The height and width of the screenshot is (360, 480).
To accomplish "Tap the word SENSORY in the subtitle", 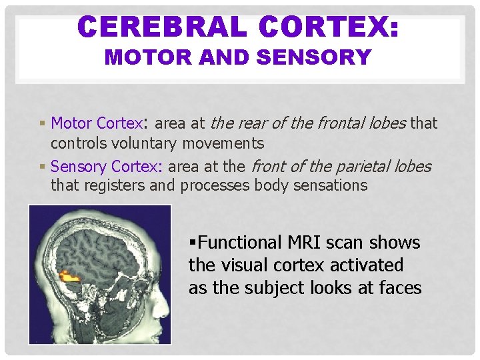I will point(313,58).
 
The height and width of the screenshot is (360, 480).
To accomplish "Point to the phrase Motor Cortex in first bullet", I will point(97,123).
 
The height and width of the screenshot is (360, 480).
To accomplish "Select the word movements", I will point(229,143).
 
